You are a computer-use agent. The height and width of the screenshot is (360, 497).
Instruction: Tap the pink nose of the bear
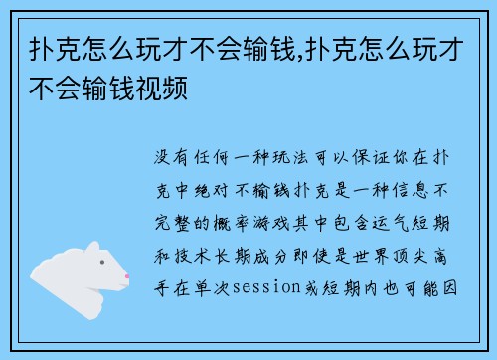point(126,275)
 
